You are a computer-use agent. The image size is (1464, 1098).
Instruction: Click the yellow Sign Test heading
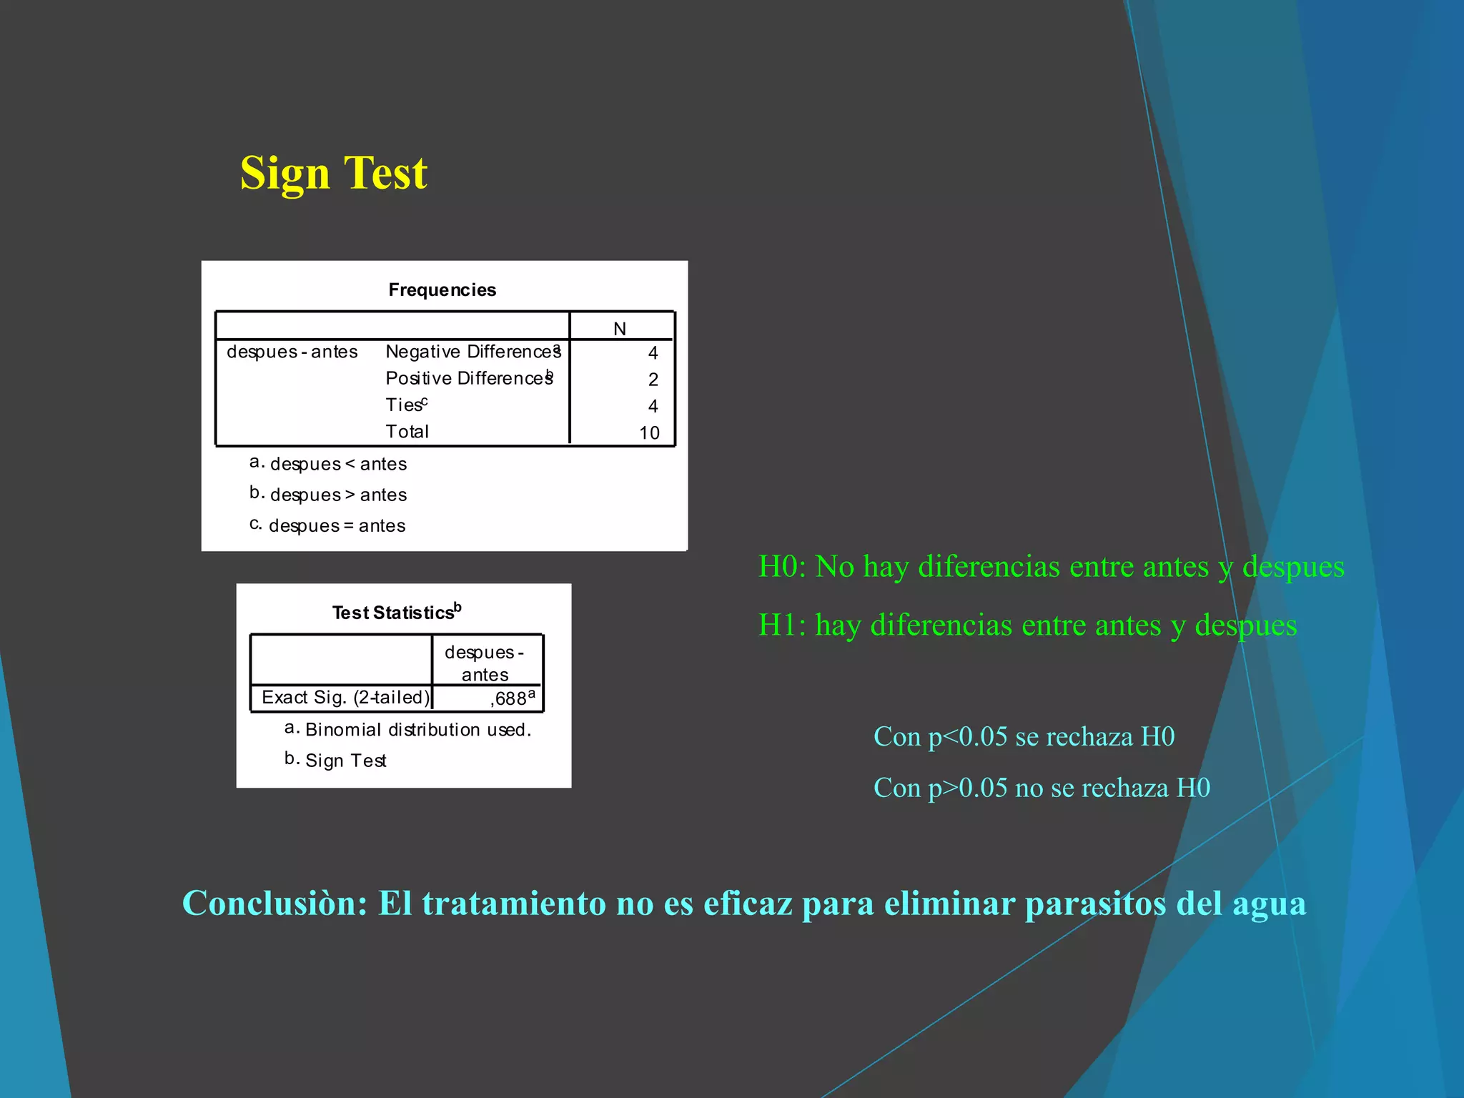(333, 173)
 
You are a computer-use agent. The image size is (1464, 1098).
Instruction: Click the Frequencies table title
(442, 290)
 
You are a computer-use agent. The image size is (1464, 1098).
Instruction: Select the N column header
(620, 329)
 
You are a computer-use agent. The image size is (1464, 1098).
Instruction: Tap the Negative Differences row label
(472, 352)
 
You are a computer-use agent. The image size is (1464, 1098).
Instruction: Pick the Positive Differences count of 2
(653, 380)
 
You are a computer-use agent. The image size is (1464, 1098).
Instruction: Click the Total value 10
(649, 433)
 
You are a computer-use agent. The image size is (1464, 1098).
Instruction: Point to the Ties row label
(405, 405)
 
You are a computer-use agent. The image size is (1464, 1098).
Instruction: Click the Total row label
(407, 432)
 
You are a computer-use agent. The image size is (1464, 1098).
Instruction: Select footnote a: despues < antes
(329, 464)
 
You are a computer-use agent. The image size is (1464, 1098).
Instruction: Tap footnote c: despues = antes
(328, 525)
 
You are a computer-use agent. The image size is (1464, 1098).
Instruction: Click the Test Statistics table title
(396, 613)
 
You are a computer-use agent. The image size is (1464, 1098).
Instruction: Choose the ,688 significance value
(510, 698)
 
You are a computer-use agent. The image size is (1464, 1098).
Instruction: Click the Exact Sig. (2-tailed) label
(346, 698)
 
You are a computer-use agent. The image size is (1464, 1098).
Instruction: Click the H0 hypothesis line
(1051, 566)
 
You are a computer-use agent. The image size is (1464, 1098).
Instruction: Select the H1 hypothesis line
(1027, 625)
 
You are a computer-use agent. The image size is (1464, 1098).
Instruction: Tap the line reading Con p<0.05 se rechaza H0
(1024, 736)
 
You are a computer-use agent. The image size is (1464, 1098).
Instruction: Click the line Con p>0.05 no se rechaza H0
(1042, 788)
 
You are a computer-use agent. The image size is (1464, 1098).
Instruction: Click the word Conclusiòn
(274, 903)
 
